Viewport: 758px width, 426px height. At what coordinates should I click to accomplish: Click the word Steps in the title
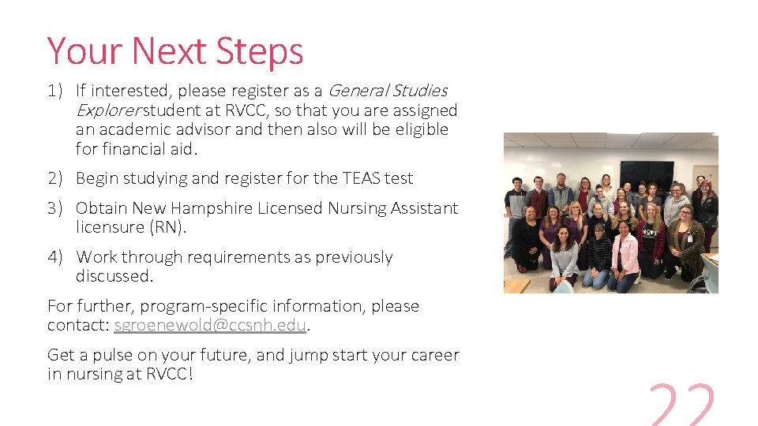tap(260, 52)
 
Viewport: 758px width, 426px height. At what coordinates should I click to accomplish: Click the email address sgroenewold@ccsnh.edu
tap(209, 325)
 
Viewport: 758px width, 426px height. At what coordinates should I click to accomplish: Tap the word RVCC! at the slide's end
tap(169, 374)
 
